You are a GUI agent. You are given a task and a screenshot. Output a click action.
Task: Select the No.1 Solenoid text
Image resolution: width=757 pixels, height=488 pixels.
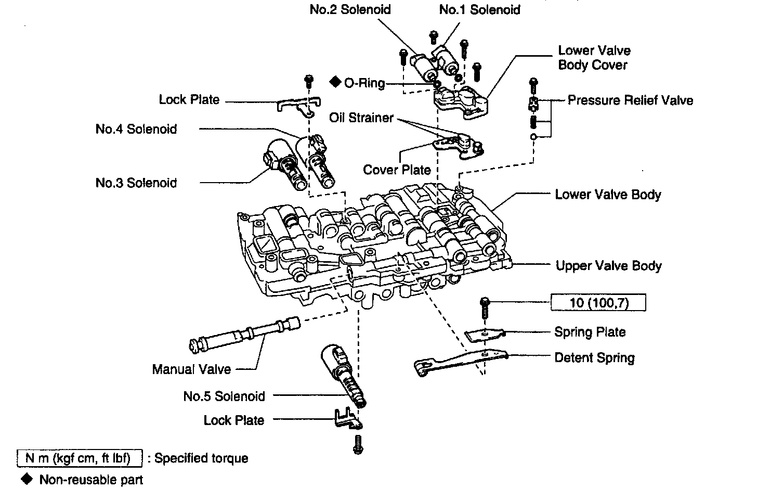pyautogui.click(x=479, y=9)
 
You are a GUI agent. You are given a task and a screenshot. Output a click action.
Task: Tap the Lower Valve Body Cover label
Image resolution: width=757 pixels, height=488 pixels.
pyautogui.click(x=594, y=58)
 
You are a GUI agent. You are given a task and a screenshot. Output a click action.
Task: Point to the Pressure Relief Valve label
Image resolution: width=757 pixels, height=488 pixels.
pyautogui.click(x=630, y=100)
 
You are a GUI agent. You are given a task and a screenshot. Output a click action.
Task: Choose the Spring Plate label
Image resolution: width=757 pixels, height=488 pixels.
pyautogui.click(x=590, y=332)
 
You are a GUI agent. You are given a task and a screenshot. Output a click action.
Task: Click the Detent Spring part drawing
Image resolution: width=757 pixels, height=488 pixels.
pyautogui.click(x=458, y=360)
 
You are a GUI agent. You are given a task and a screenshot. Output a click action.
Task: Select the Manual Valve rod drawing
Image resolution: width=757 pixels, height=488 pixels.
pyautogui.click(x=244, y=334)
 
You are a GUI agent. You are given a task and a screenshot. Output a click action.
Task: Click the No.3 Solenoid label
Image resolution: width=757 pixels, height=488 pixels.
pyautogui.click(x=136, y=183)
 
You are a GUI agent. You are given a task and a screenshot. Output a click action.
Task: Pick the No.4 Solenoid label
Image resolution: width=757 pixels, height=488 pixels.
pyautogui.click(x=136, y=129)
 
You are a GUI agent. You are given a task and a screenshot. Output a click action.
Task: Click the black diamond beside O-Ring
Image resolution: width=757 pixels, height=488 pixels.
pyautogui.click(x=335, y=82)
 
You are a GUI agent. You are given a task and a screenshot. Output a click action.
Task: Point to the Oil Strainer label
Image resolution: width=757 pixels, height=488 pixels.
pyautogui.click(x=361, y=118)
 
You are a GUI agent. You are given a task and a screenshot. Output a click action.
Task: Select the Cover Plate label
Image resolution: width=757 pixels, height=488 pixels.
pyautogui.click(x=397, y=170)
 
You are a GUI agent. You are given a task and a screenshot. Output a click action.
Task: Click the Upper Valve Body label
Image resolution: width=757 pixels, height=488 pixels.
pyautogui.click(x=608, y=266)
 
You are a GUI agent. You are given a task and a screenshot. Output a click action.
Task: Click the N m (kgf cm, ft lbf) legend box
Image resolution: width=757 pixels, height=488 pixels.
pyautogui.click(x=80, y=458)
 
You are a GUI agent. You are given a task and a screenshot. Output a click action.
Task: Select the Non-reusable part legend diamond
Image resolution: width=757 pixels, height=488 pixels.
pyautogui.click(x=24, y=478)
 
